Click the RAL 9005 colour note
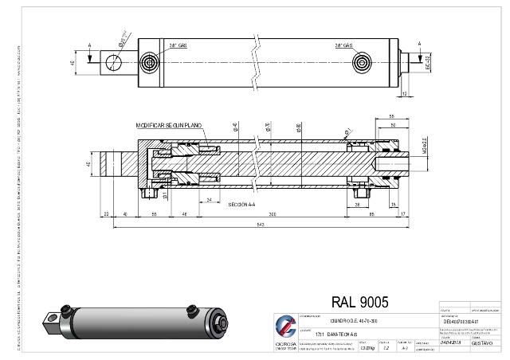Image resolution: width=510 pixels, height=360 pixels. (359, 302)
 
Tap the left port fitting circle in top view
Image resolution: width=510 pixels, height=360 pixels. (150, 63)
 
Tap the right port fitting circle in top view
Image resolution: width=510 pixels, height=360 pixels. (364, 63)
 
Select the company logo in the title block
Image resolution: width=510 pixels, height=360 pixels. (284, 327)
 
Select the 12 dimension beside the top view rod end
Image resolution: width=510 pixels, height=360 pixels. (406, 93)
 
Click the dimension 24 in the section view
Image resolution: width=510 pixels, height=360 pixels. (208, 200)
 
